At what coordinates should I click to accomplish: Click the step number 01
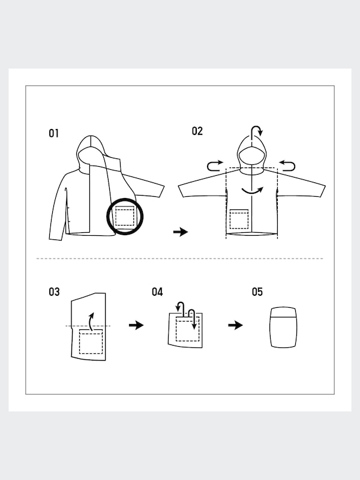coord(53,133)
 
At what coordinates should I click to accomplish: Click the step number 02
coord(197,131)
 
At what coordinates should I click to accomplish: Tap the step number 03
coord(54,292)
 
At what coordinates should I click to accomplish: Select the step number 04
coord(157,292)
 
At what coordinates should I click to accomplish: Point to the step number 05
coord(257,292)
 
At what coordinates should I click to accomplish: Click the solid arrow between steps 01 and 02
coord(181,232)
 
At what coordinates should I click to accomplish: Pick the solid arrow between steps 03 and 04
coord(136,325)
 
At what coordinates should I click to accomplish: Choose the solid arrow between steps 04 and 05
coord(235,325)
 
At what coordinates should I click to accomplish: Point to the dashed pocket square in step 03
coord(91,341)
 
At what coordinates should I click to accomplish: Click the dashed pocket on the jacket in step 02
coord(239,219)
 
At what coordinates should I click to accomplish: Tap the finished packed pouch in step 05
coord(283,327)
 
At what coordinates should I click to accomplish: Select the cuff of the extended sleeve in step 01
coord(160,190)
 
